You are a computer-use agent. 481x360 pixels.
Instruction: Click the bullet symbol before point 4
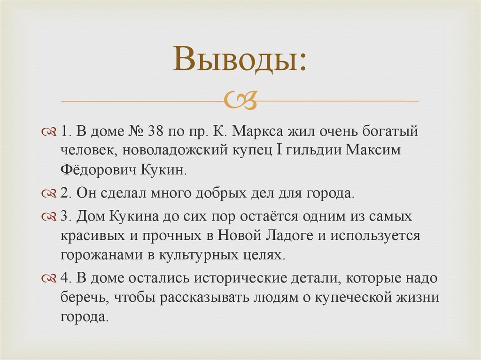pos(48,278)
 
